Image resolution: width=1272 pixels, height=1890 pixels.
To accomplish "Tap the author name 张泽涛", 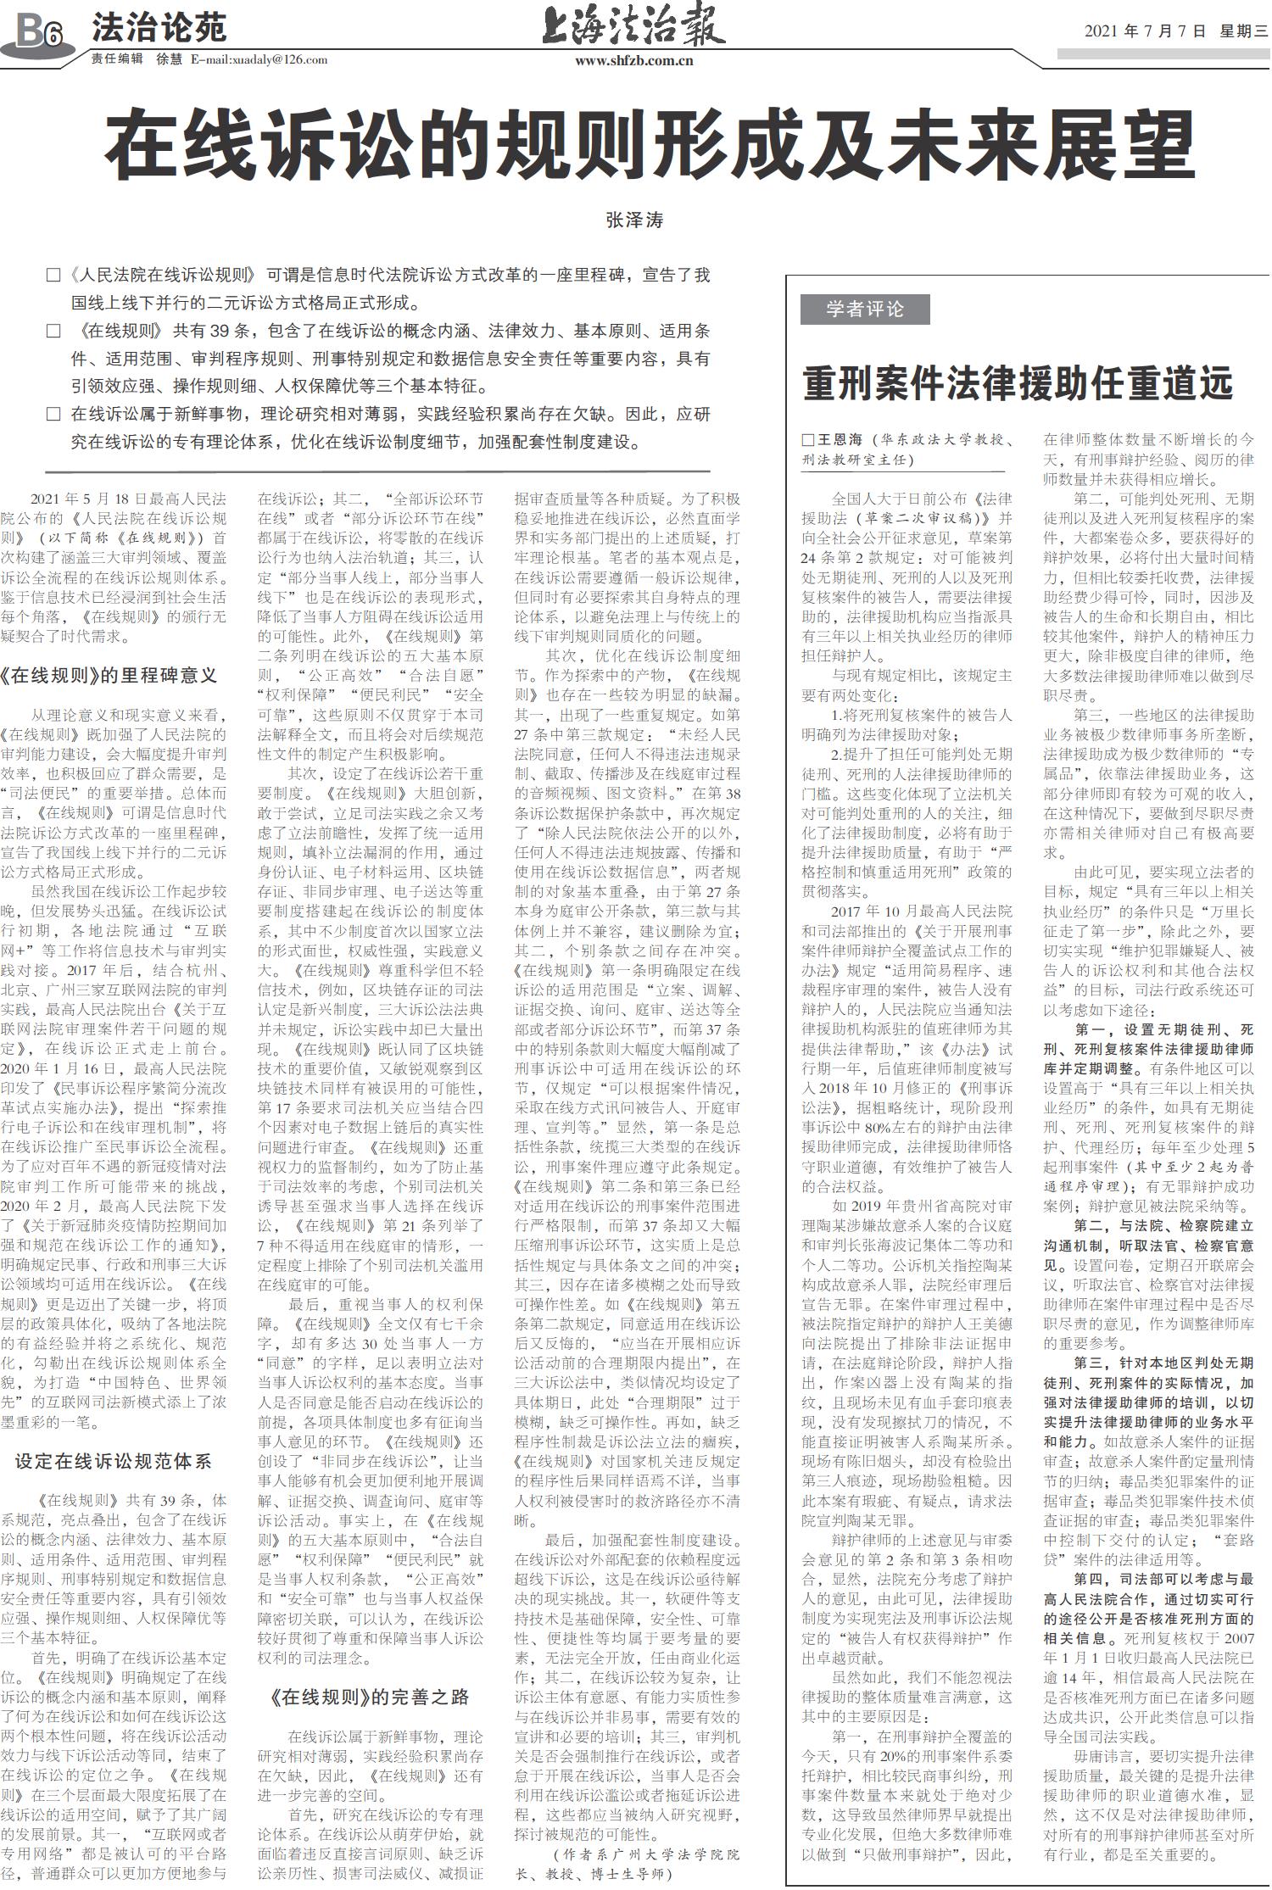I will point(634,220).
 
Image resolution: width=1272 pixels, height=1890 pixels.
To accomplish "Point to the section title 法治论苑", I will point(159,28).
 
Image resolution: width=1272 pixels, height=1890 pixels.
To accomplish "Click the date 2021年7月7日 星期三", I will point(1175,31).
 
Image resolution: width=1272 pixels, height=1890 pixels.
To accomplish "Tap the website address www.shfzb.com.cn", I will point(633,60).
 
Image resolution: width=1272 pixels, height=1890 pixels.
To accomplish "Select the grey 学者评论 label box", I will point(864,309).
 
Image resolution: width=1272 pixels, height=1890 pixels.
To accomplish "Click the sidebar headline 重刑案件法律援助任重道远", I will point(1017,383).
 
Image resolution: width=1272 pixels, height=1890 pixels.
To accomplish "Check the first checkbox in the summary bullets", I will point(53,276).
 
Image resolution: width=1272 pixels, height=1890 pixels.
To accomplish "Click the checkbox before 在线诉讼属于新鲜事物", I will point(53,415).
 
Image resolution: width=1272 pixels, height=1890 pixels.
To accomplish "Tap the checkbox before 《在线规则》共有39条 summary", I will point(53,331).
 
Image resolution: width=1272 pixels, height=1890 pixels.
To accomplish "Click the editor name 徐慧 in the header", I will point(170,59).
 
